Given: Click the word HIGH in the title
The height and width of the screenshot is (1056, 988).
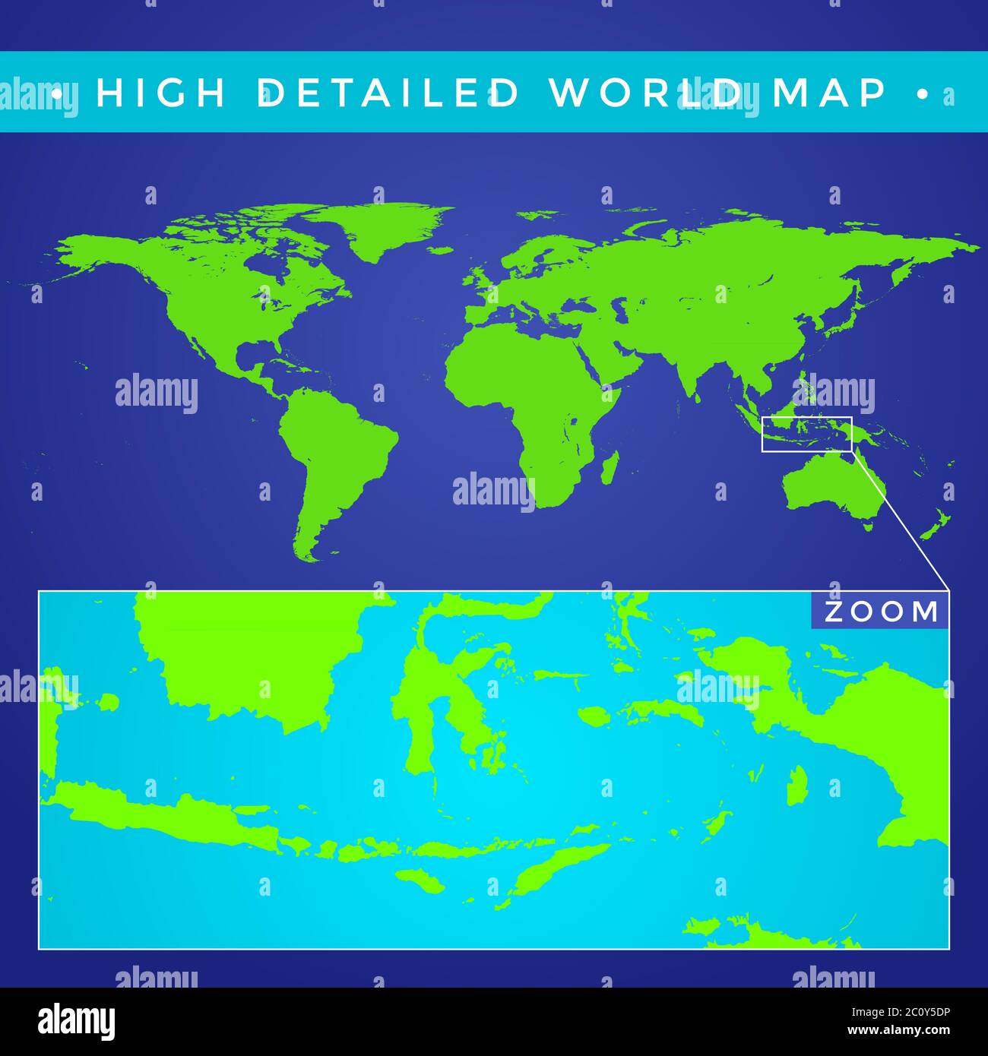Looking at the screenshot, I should coord(161,92).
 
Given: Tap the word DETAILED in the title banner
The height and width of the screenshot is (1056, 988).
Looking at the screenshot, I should coord(388,92).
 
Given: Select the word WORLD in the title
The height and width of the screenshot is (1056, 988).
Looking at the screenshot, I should coord(646,92).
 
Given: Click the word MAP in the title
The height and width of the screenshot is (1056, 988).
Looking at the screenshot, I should coord(829,92).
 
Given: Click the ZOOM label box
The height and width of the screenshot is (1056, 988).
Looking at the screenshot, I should coord(880,612).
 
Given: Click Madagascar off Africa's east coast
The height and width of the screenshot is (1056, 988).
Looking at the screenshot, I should coord(610,468).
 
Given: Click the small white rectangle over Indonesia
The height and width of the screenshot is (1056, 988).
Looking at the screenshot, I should coord(806,434).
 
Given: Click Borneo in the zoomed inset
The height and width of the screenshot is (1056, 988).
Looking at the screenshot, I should coord(243,653).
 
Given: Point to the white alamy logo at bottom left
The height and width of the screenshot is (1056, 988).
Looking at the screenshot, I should coord(76,1022).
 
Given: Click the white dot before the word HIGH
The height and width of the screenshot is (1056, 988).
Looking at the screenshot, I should coord(56,93).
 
